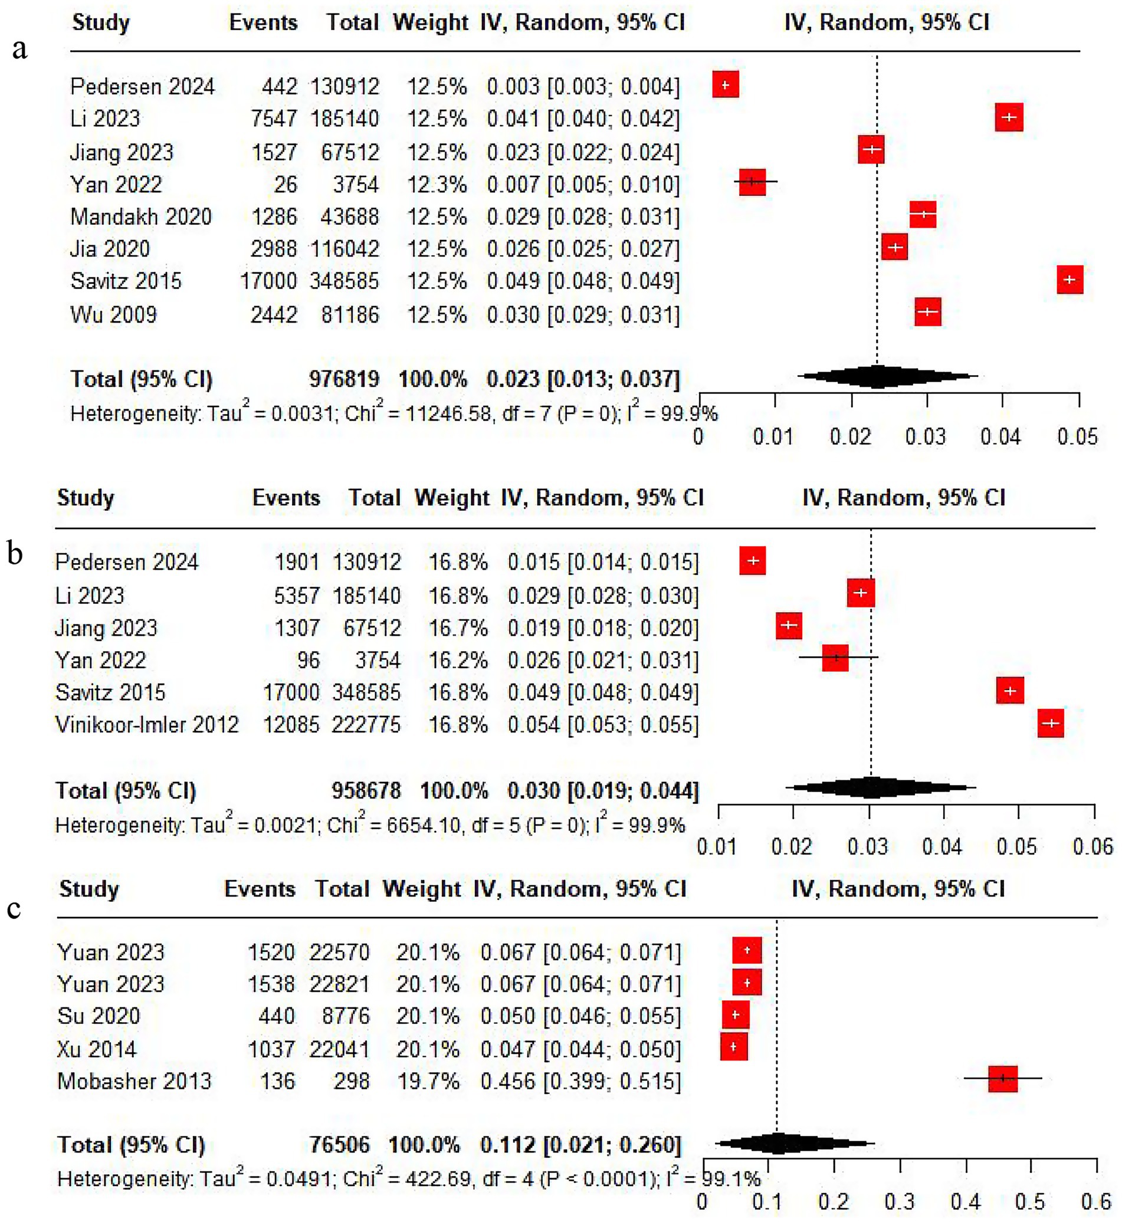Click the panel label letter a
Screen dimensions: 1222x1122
[19, 48]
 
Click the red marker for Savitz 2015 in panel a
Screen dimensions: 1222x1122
[1069, 280]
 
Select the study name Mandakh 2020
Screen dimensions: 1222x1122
[141, 216]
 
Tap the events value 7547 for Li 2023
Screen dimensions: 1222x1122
[274, 119]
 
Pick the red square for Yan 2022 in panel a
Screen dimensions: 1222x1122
[752, 182]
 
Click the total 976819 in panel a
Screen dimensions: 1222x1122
[345, 379]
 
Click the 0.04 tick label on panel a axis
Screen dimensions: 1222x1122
[1000, 437]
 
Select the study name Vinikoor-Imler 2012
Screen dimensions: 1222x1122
[147, 725]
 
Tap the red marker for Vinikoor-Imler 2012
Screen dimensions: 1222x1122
[1051, 723]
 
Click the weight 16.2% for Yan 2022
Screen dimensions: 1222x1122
[458, 661]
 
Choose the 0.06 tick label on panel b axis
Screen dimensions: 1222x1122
[1093, 847]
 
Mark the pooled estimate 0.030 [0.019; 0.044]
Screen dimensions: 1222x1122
[603, 791]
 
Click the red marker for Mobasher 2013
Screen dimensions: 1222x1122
[1002, 1079]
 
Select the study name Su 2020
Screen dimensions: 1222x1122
[99, 1016]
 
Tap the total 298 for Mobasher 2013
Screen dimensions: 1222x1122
[352, 1081]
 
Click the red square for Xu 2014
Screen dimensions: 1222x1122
[733, 1047]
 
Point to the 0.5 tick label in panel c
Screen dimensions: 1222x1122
[1030, 1201]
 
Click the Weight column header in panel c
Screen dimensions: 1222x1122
[421, 889]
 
